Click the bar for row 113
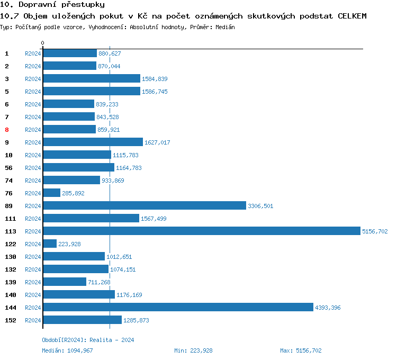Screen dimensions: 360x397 pyautogui.click(x=201, y=231)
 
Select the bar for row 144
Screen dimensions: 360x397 pyautogui.click(x=178, y=307)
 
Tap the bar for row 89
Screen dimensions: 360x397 pyautogui.click(x=145, y=205)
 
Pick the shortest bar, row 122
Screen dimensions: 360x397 pyautogui.click(x=50, y=244)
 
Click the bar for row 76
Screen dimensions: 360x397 pyautogui.click(x=52, y=193)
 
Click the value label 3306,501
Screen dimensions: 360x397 pyautogui.click(x=260, y=206)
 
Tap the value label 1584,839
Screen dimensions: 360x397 pyautogui.click(x=155, y=79)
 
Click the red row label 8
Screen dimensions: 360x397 pyautogui.click(x=7, y=130)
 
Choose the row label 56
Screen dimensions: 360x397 pyautogui.click(x=8, y=168)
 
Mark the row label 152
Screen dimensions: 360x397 pyautogui.click(x=10, y=320)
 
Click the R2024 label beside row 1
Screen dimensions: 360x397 pyautogui.click(x=33, y=53)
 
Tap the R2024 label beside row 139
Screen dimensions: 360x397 pyautogui.click(x=33, y=282)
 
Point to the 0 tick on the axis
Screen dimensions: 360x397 pyautogui.click(x=43, y=43)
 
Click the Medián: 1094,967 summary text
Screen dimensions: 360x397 pyautogui.click(x=67, y=350)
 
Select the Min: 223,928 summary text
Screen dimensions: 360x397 pyautogui.click(x=193, y=350)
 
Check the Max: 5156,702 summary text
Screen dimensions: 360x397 pyautogui.click(x=300, y=350)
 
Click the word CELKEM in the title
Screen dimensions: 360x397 pyautogui.click(x=352, y=16)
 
